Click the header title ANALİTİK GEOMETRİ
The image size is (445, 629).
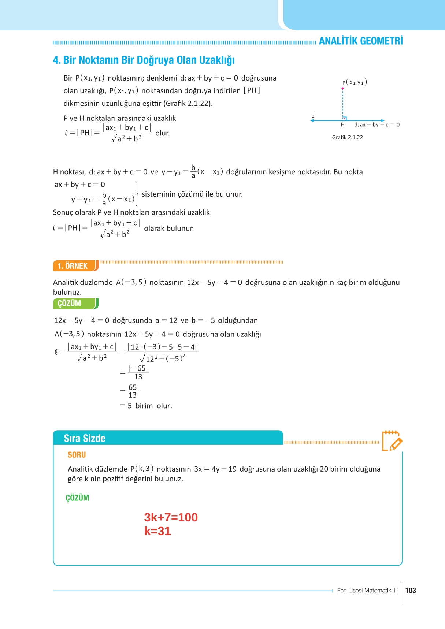click(360, 41)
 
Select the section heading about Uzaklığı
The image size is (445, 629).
click(144, 60)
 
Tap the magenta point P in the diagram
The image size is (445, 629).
click(342, 88)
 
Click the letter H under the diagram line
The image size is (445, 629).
click(342, 125)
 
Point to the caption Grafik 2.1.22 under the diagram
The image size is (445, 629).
click(347, 137)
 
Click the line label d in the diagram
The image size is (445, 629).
click(313, 116)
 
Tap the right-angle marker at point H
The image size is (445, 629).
click(344, 119)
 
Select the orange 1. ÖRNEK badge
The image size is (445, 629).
click(75, 266)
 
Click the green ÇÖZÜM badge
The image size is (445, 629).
click(75, 304)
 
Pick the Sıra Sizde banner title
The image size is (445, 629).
click(85, 438)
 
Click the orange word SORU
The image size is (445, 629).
click(77, 455)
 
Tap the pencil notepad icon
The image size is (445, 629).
click(392, 441)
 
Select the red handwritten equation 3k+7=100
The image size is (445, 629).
click(171, 517)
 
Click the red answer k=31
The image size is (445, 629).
click(157, 531)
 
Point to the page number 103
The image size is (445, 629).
click(411, 590)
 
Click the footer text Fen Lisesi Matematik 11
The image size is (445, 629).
click(368, 590)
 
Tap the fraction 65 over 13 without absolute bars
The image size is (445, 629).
click(133, 391)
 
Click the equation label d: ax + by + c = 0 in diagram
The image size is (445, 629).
click(377, 125)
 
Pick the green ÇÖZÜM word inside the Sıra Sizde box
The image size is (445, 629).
click(77, 498)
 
